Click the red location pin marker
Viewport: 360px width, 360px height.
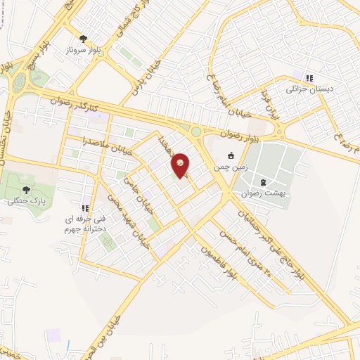click(x=181, y=165)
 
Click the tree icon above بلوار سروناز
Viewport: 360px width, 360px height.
click(x=84, y=39)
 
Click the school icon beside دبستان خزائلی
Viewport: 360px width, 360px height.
click(x=309, y=77)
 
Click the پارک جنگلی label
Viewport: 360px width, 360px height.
click(x=25, y=201)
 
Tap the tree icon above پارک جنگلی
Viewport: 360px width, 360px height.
click(x=26, y=188)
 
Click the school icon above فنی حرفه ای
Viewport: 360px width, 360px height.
click(x=85, y=208)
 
